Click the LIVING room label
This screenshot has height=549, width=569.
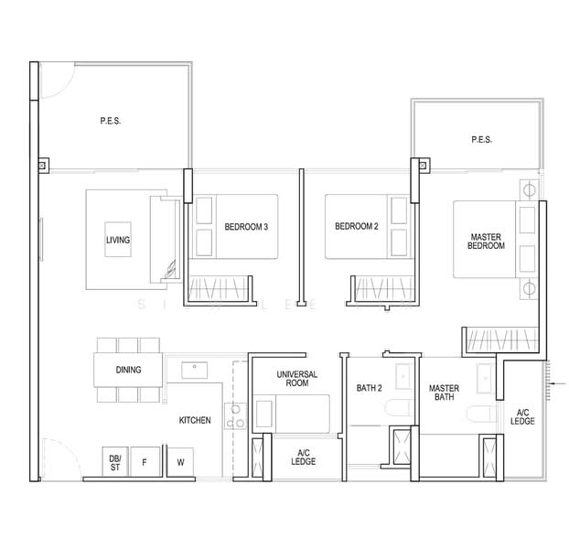click(118, 241)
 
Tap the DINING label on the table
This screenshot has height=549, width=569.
click(128, 371)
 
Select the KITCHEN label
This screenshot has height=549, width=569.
click(195, 420)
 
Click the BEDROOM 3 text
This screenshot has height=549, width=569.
click(246, 227)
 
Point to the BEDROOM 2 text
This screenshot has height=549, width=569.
click(356, 227)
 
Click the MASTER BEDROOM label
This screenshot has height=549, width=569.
click(486, 241)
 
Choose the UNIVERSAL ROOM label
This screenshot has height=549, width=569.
click(296, 380)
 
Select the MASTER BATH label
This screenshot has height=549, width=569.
click(444, 393)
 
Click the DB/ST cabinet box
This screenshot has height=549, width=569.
click(115, 462)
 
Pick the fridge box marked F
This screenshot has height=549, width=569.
click(145, 462)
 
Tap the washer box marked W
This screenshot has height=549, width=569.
click(180, 462)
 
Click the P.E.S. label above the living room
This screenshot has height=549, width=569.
click(112, 121)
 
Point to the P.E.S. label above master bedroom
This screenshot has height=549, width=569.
click(481, 140)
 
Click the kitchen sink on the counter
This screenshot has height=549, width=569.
click(194, 370)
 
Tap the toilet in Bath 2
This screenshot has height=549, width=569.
click(400, 408)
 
